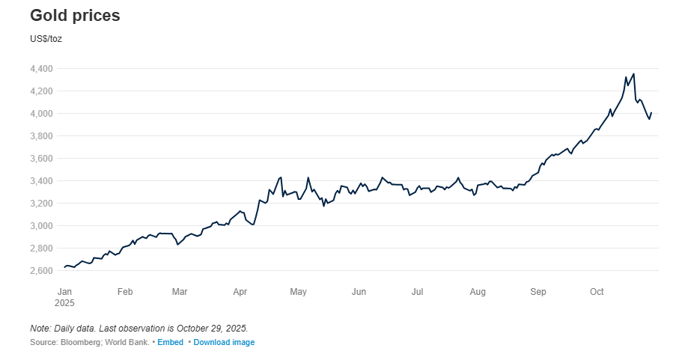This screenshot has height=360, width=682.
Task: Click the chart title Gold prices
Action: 75,16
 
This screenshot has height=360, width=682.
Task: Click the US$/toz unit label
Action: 46,38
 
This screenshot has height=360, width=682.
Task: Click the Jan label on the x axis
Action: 64,292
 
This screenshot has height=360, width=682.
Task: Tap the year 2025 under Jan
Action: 66,303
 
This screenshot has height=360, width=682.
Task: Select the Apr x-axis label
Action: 240,292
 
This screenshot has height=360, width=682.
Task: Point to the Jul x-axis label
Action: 418,292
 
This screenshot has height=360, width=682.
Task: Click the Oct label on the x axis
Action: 597,292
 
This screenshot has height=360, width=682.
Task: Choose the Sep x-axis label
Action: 538,292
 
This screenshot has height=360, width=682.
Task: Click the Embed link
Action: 170,342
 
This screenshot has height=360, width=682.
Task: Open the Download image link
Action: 224,342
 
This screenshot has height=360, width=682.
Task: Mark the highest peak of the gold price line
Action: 633,73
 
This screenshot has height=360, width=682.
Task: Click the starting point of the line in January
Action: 64,267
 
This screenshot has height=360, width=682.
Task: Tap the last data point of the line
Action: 651,113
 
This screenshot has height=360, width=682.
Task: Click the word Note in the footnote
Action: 40,329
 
